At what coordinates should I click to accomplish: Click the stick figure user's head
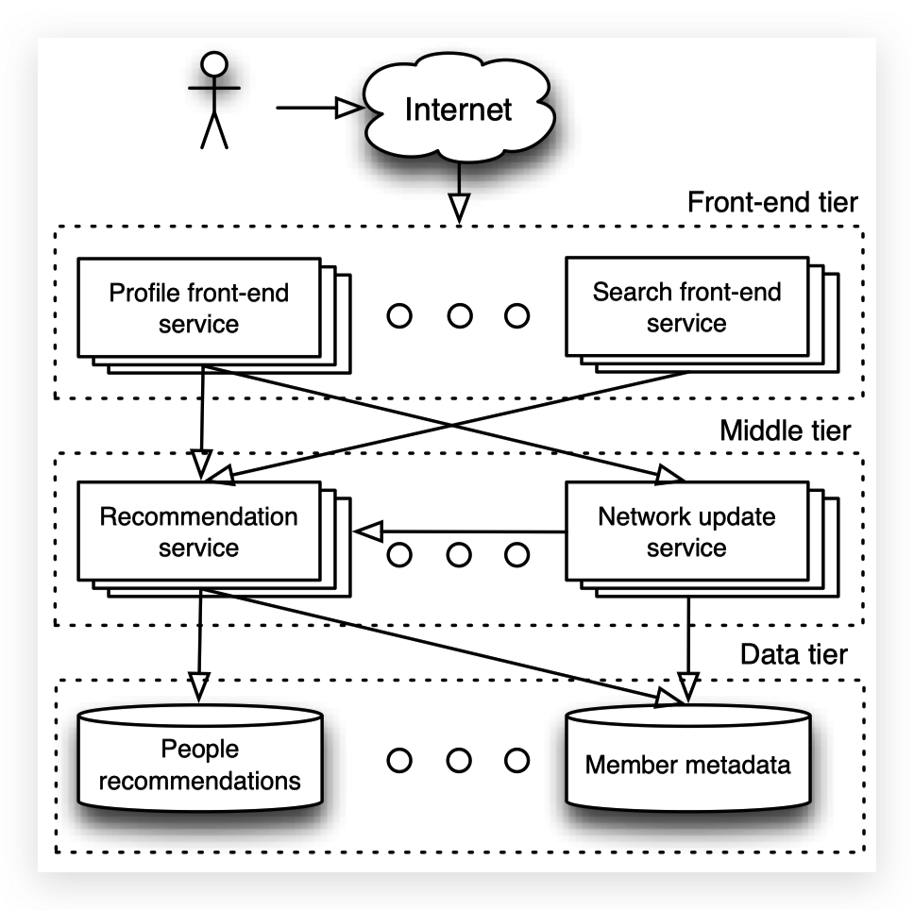[x=216, y=64]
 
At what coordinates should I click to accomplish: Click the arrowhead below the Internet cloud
[x=459, y=207]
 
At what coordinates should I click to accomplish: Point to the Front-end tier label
[x=772, y=203]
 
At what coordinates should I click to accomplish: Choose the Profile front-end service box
[x=199, y=308]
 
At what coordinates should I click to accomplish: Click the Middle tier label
[x=785, y=431]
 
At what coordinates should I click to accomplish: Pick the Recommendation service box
[x=199, y=532]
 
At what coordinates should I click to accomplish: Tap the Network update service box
[x=686, y=532]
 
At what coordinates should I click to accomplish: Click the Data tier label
[x=793, y=654]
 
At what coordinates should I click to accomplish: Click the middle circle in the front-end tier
[x=459, y=316]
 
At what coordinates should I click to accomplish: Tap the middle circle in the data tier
[x=459, y=760]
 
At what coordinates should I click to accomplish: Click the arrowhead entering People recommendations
[x=198, y=684]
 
